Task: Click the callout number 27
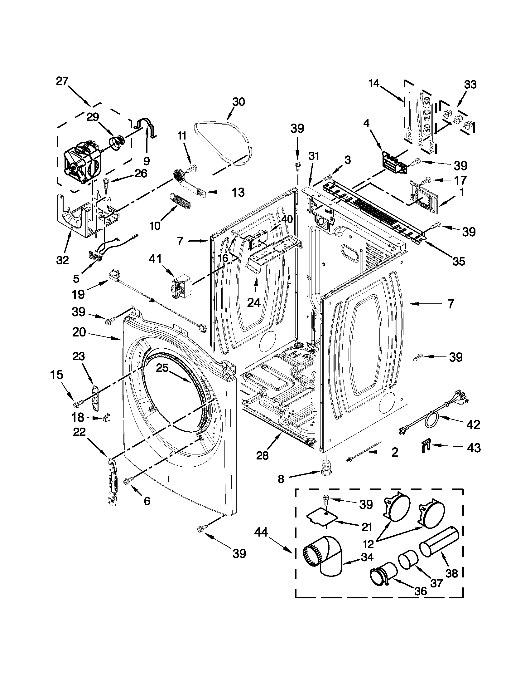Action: pos(62,81)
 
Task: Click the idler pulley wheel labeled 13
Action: pos(179,174)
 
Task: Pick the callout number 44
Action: pos(261,532)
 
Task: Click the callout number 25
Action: pos(163,367)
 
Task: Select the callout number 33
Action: pos(470,85)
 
